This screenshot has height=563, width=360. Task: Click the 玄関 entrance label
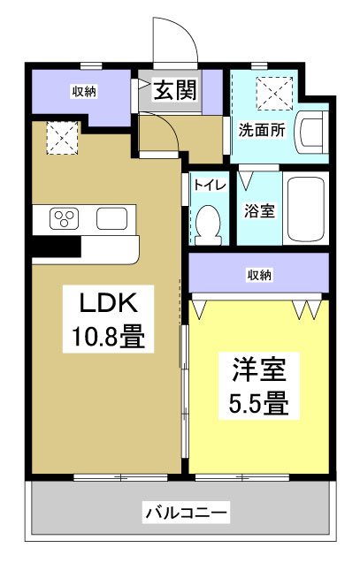pos(175,91)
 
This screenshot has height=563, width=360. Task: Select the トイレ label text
pos(209,186)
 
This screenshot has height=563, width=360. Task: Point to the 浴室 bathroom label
pos(257,211)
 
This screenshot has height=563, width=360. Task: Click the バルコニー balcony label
pos(187,512)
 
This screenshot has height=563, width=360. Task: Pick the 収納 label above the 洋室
pos(258,275)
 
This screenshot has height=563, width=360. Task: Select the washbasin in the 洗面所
pos(312,131)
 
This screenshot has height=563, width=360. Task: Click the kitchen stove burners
pos(65,218)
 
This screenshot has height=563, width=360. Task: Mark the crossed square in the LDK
pos(60,135)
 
